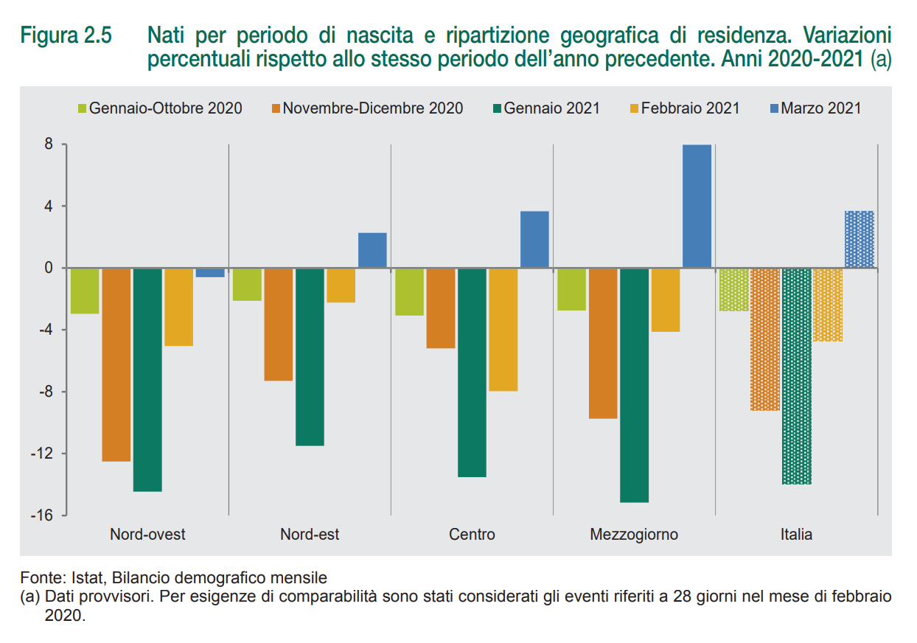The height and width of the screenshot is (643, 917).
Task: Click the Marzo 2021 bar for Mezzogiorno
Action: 697,206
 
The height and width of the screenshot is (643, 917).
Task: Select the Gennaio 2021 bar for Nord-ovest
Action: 147,379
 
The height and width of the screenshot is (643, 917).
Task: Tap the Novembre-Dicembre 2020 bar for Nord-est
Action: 279,324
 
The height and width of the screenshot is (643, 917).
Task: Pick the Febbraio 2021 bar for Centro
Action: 503,329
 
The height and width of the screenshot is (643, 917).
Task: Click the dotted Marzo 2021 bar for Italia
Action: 859,239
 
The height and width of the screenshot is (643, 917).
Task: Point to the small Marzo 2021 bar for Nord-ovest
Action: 210,272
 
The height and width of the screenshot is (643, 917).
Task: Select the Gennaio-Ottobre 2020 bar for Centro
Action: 409,291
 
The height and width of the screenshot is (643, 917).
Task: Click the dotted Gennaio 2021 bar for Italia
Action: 796,375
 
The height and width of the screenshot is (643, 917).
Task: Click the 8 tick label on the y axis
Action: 48,145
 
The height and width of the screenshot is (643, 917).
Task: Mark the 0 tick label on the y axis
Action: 48,268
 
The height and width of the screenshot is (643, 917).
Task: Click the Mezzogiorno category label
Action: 634,534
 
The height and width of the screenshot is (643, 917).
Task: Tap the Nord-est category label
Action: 310,534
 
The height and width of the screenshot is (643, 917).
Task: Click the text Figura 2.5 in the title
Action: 66,36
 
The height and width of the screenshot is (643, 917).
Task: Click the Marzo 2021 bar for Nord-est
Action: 372,250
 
